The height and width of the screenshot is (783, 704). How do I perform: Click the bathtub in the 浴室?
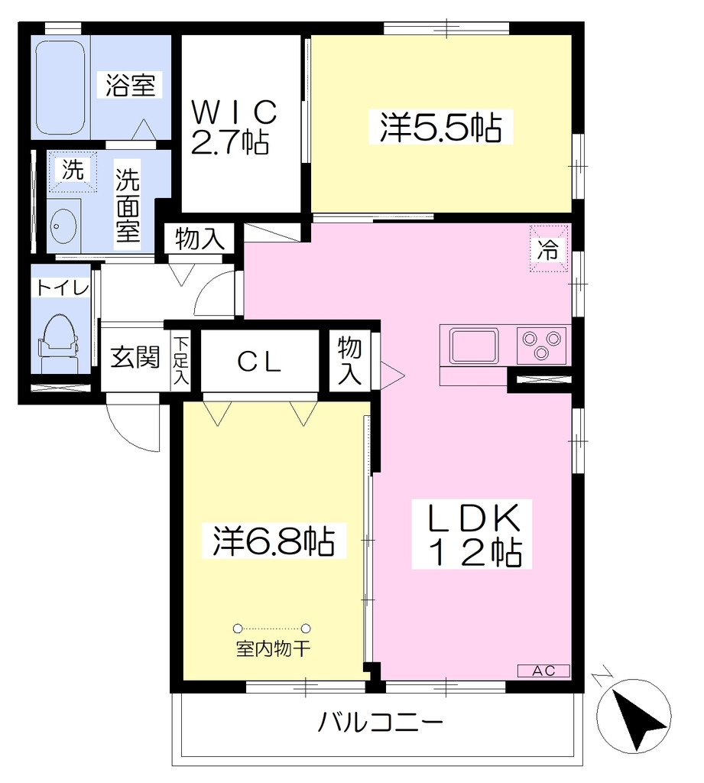[x=61, y=88]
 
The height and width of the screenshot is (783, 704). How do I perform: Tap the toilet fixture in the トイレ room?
[x=59, y=342]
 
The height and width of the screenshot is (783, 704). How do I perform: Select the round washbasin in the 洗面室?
[x=63, y=226]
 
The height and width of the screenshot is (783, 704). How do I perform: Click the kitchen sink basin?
[x=473, y=346]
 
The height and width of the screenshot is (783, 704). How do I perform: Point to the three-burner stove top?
[x=541, y=346]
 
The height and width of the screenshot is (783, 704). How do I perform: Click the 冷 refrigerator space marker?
[x=549, y=249]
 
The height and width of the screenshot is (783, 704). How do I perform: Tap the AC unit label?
[x=543, y=671]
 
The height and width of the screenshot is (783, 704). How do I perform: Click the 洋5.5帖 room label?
[x=441, y=128]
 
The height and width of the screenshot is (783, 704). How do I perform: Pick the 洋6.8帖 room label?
[x=274, y=541]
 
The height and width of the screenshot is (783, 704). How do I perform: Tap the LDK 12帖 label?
[x=472, y=534]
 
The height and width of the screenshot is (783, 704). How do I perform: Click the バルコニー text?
[x=381, y=722]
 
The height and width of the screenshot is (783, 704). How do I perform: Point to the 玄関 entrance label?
[x=135, y=357]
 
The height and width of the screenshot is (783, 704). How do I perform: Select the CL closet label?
[x=259, y=362]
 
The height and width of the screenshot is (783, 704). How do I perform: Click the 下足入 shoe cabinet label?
[x=180, y=361]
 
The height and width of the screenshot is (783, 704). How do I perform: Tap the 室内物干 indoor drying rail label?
[x=273, y=648]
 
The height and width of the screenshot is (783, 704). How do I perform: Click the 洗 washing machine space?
[x=73, y=170]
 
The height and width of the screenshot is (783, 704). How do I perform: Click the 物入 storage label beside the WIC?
[x=200, y=239]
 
